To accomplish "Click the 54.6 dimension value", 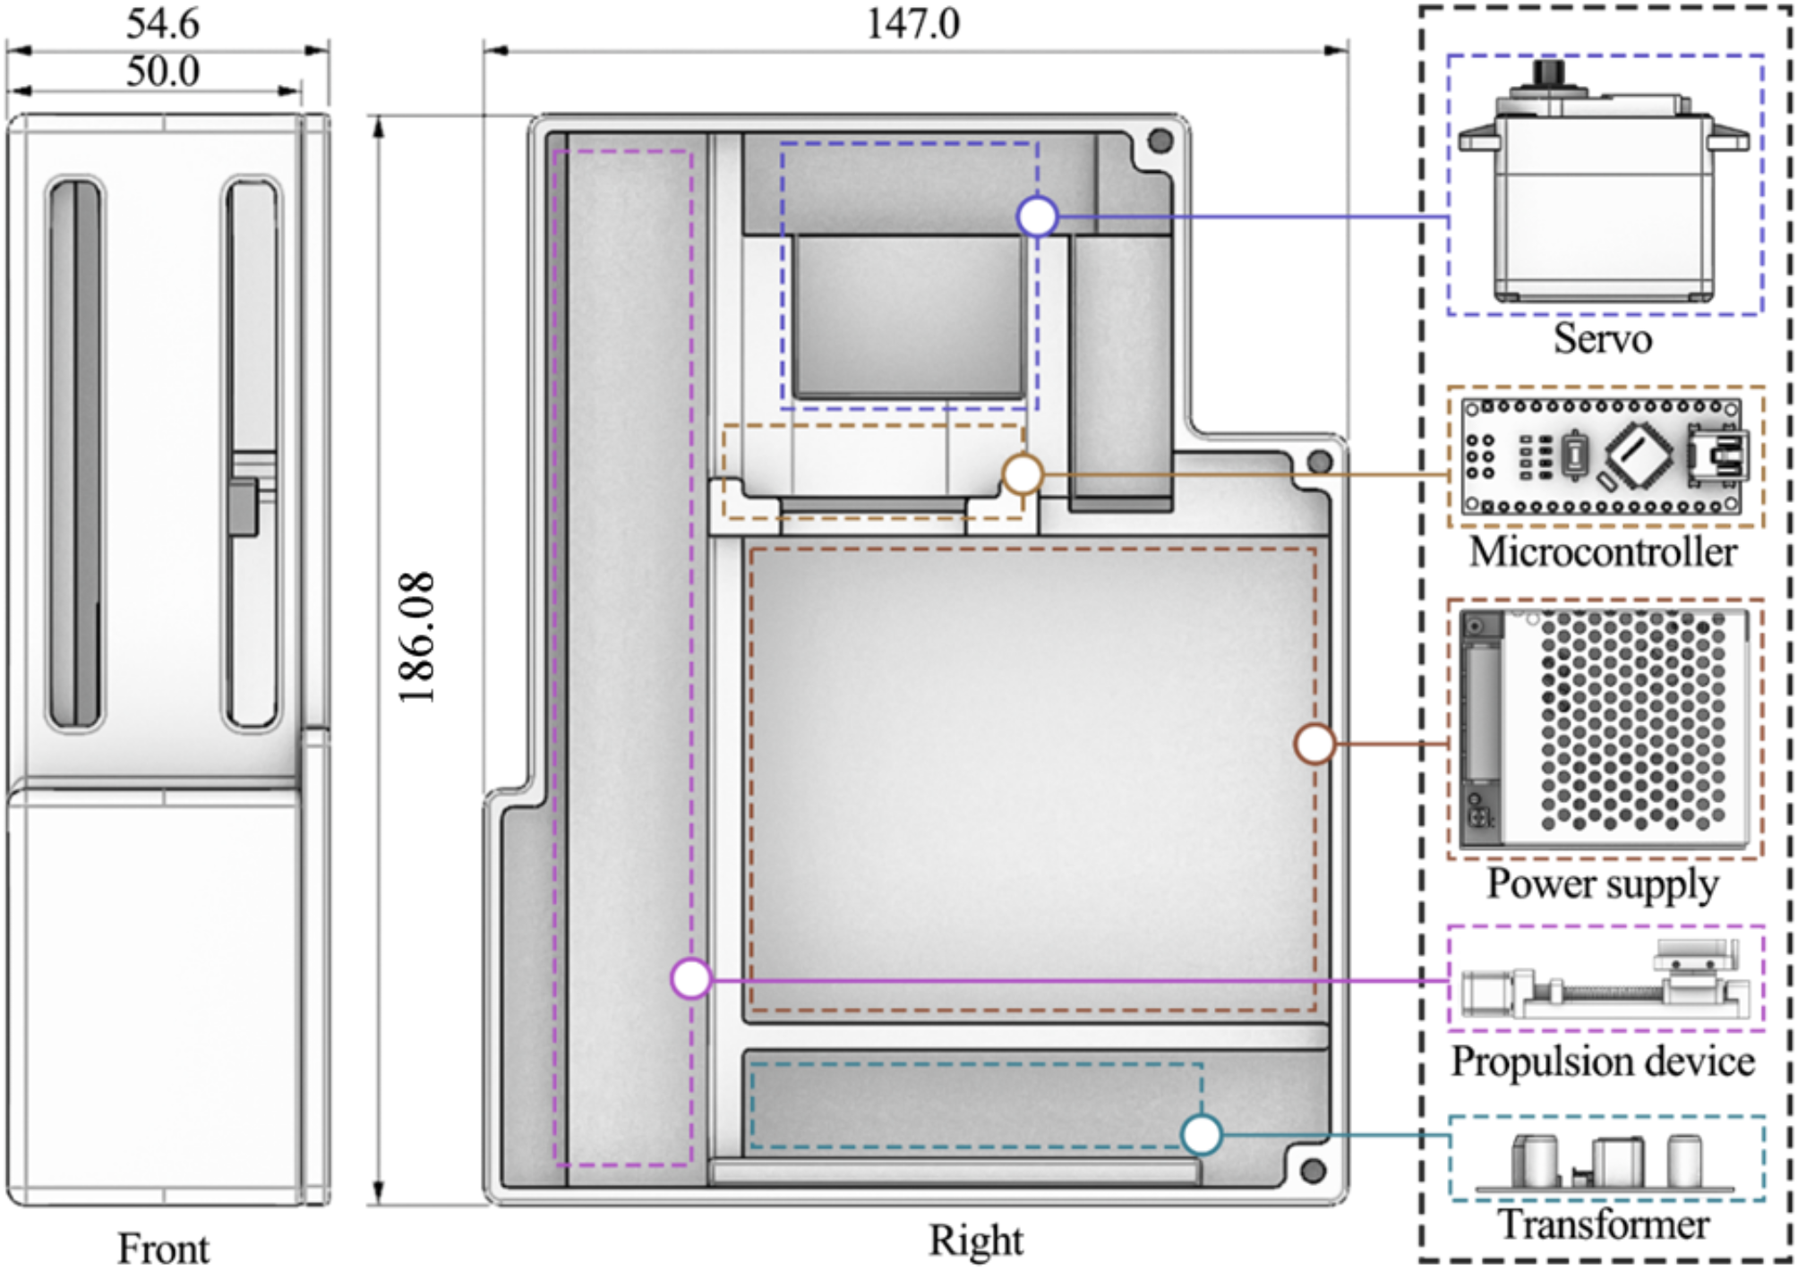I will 162,23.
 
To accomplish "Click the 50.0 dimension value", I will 162,71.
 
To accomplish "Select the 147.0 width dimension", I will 912,23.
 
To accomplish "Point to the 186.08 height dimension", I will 417,637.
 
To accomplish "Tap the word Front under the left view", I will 163,1248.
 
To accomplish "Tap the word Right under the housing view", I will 975,1240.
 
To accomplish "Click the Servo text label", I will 1602,338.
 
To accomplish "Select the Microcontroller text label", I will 1603,551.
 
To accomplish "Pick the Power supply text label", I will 1603,883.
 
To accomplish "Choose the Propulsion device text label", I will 1603,1061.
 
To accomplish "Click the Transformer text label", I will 1604,1223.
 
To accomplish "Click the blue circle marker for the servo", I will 1037,217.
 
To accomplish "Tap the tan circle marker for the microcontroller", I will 1022,474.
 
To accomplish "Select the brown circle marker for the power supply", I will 1314,744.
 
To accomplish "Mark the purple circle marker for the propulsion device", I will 691,979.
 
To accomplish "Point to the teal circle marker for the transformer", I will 1201,1134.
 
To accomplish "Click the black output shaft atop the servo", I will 1548,72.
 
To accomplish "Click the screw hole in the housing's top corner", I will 1160,141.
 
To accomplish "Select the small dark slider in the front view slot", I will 243,508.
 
